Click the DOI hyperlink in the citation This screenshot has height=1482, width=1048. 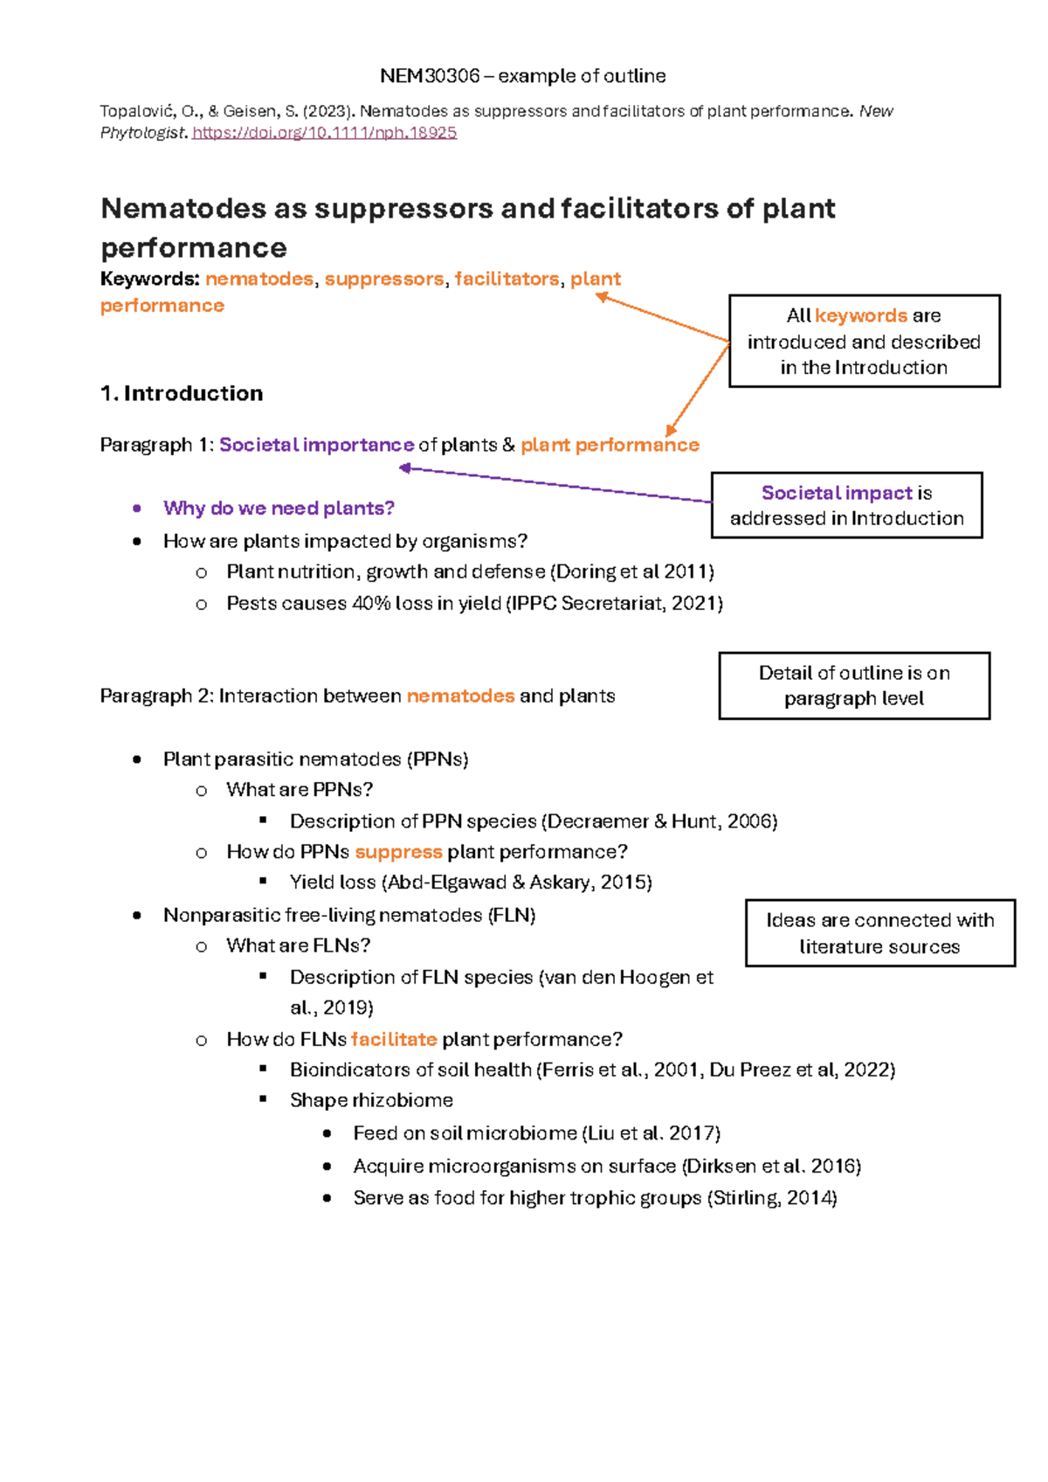[324, 133]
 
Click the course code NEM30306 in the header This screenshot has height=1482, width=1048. [430, 76]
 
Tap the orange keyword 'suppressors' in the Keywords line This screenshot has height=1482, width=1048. [384, 279]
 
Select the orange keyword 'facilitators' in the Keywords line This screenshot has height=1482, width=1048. [507, 279]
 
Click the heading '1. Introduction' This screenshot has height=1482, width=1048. [182, 393]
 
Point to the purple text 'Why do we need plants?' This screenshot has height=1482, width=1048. [279, 509]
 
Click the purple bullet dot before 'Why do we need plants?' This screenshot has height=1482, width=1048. [137, 509]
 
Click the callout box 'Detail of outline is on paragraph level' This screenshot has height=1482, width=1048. [854, 686]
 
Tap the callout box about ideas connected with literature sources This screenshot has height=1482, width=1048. [879, 933]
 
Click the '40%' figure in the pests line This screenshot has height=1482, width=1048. [370, 603]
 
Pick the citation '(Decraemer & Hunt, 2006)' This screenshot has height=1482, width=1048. [659, 821]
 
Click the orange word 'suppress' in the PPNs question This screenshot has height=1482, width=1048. [398, 852]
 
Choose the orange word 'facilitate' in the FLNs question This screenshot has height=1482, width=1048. [394, 1039]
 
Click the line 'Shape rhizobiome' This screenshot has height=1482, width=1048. [371, 1100]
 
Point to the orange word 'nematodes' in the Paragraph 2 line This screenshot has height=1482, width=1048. [460, 696]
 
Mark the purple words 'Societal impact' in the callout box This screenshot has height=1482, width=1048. [837, 493]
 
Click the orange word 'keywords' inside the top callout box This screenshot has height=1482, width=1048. [861, 315]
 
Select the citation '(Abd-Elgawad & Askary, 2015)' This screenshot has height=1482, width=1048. [517, 883]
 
